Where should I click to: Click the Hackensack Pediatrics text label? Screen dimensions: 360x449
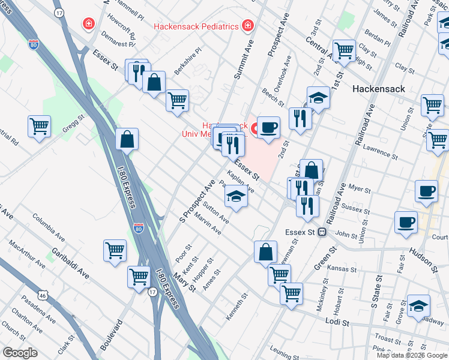pos(196,26)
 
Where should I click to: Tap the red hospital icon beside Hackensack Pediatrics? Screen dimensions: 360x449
pos(247,25)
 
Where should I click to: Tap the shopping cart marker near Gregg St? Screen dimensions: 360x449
pos(39,127)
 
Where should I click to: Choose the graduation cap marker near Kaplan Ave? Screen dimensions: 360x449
pos(236,196)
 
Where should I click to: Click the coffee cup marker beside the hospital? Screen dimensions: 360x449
pos(269,127)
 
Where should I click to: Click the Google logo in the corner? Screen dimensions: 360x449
pos(20,353)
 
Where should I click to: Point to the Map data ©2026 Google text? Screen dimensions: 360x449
pos(411,355)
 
